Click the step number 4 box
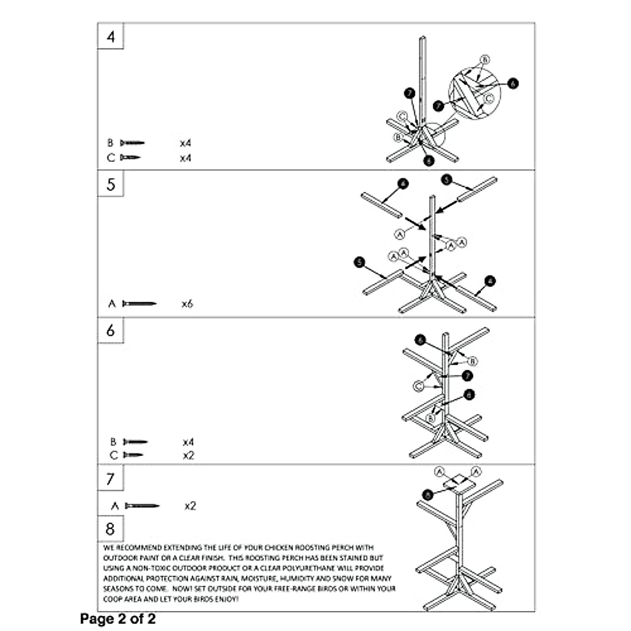(110, 37)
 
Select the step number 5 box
(110, 185)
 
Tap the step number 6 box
(110, 330)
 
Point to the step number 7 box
(110, 479)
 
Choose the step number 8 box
(110, 528)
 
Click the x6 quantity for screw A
(187, 304)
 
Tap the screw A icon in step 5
(139, 304)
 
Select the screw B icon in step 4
(132, 143)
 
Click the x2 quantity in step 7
(190, 506)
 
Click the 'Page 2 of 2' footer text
(118, 619)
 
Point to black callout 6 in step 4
(513, 83)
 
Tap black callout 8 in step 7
(428, 494)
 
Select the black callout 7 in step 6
(467, 375)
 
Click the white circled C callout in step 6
(419, 387)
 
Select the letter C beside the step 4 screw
(110, 158)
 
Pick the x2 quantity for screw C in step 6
(188, 455)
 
